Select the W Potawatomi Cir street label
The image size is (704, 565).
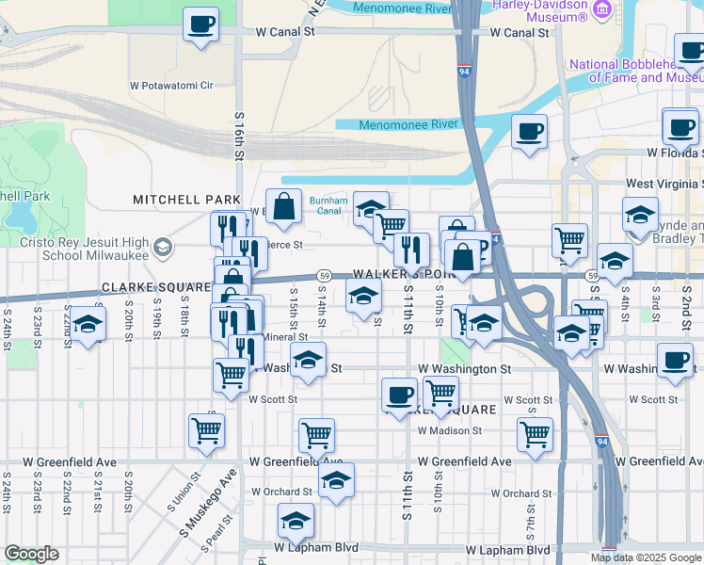pos(171,85)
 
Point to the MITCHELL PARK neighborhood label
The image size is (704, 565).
pos(187,200)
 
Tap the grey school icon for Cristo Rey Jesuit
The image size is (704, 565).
pos(163,247)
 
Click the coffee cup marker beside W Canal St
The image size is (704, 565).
pos(200,25)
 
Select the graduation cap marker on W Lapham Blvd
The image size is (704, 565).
pos(296,521)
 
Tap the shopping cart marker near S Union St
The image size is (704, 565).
pos(206,431)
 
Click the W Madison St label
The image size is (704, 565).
pos(450,430)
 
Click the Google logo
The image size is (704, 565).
pos(31,555)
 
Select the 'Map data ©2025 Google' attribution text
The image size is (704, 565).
pos(645,557)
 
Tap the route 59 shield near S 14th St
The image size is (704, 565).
pos(323,275)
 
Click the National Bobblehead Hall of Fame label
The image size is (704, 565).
pos(636,71)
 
